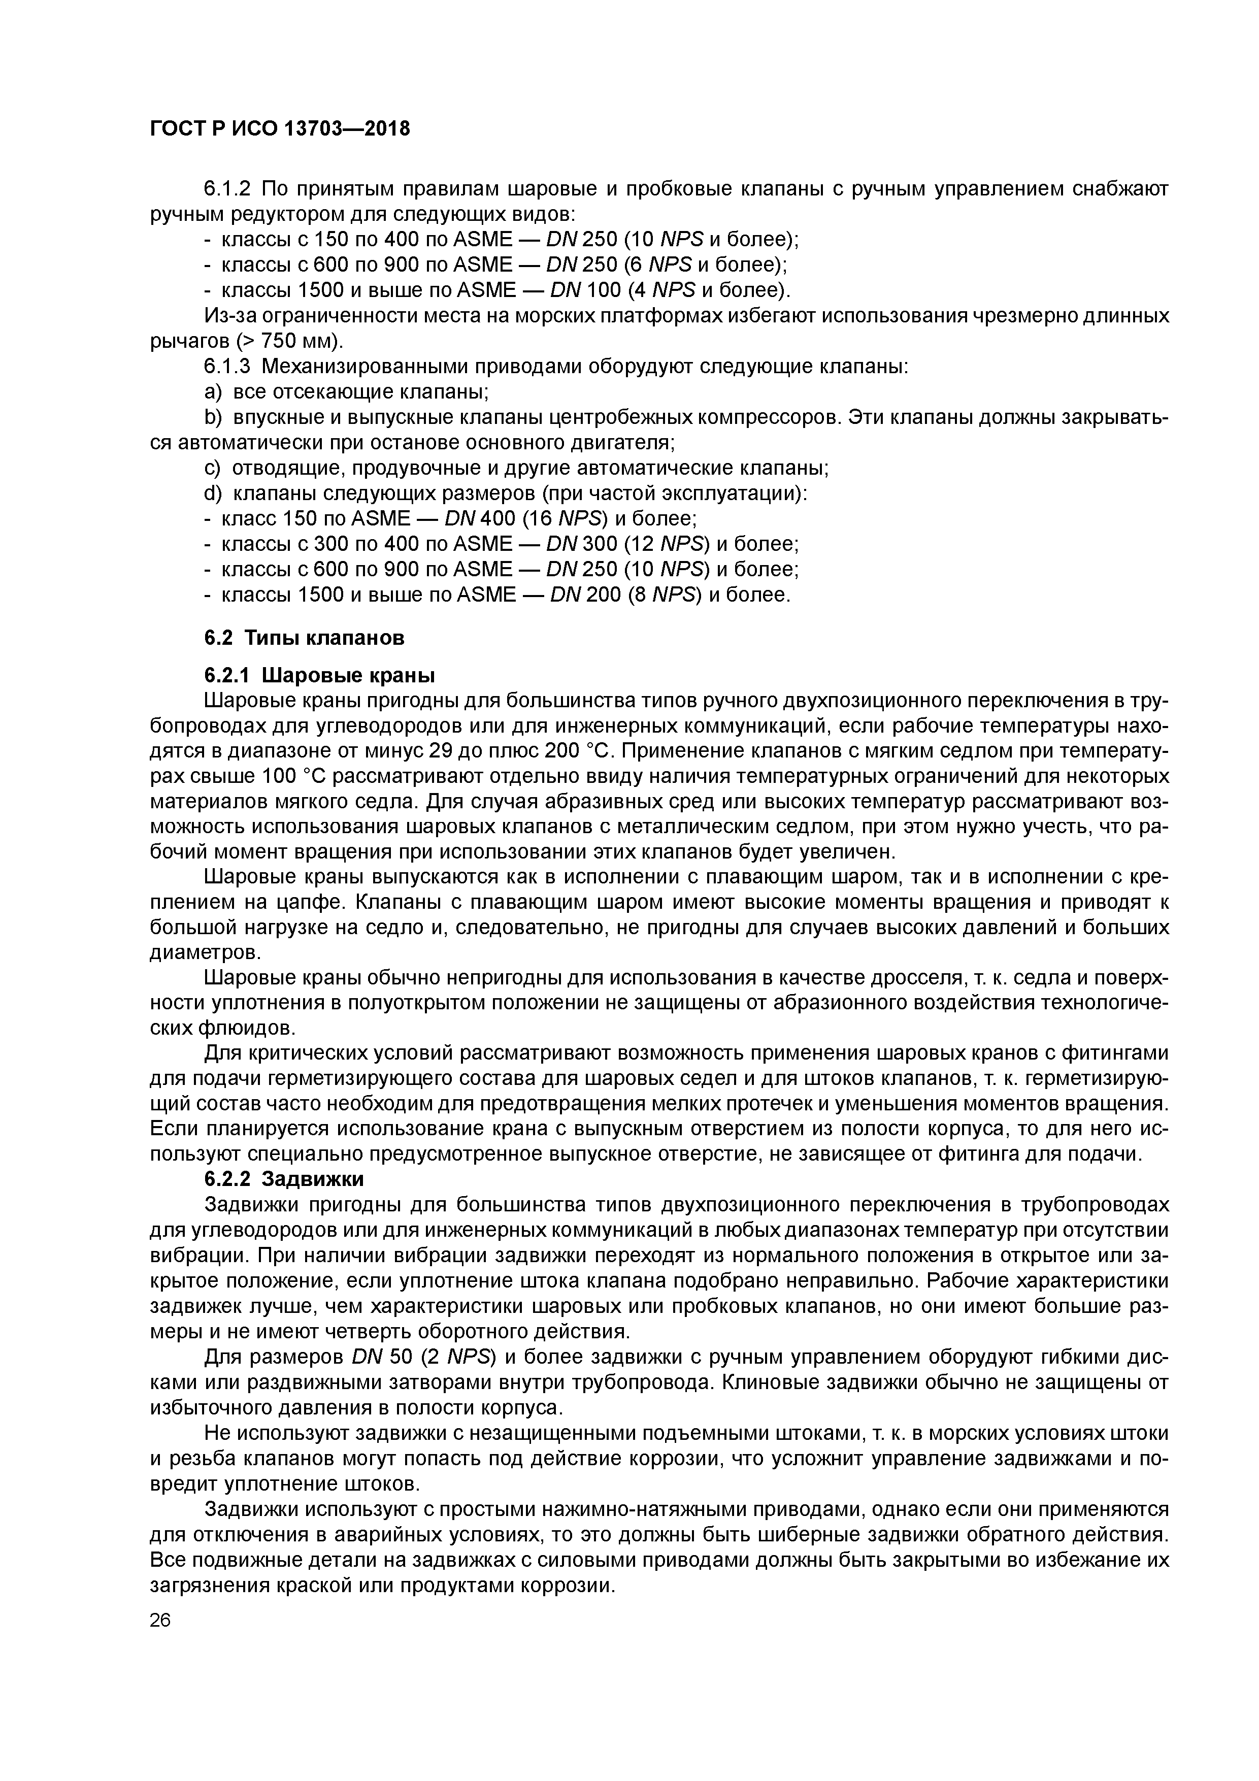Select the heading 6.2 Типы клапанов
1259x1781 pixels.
(x=304, y=638)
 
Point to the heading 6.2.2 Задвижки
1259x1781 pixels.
(x=284, y=1179)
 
